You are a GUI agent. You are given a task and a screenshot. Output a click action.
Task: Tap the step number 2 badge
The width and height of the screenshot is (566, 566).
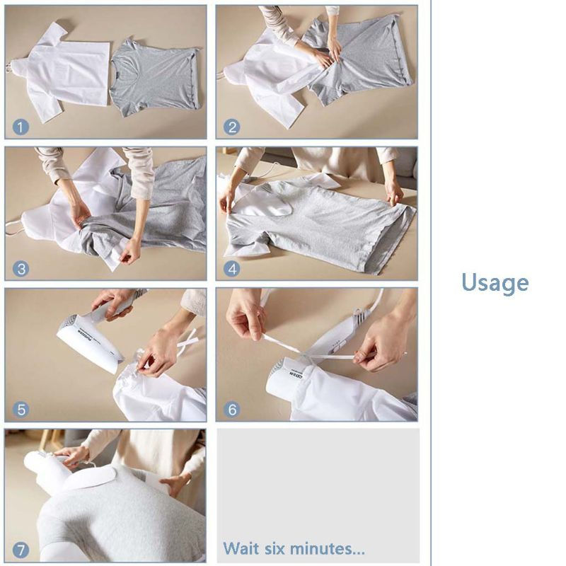pyautogui.click(x=231, y=127)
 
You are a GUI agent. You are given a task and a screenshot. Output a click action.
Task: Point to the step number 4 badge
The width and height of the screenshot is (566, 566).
pyautogui.click(x=231, y=269)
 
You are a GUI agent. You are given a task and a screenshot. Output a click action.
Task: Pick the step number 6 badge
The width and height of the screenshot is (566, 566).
pyautogui.click(x=231, y=409)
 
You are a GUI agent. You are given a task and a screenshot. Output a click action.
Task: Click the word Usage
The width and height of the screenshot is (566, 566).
pyautogui.click(x=495, y=283)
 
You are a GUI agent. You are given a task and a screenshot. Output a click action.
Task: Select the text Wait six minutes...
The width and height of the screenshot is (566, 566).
pyautogui.click(x=294, y=548)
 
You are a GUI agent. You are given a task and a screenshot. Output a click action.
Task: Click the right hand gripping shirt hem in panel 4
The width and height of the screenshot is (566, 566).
pyautogui.click(x=393, y=191)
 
